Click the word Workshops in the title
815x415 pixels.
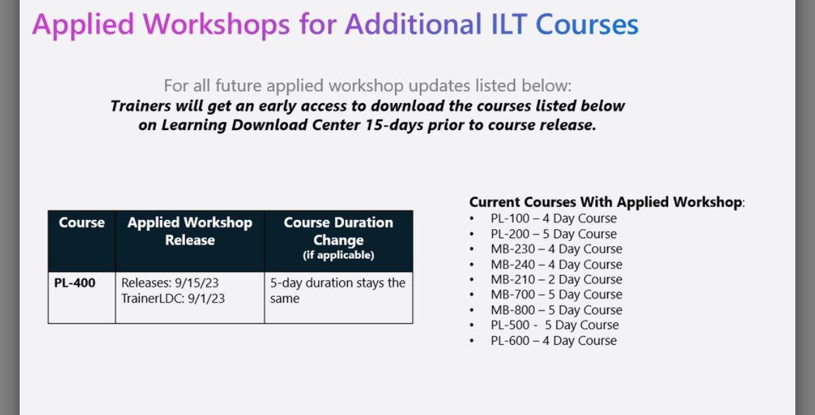click(217, 25)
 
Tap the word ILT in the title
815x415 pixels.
click(509, 25)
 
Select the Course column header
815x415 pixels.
click(81, 223)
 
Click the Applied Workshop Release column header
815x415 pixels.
click(190, 231)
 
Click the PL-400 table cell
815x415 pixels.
click(75, 283)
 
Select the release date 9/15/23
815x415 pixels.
click(197, 283)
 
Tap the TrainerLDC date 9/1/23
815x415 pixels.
click(206, 299)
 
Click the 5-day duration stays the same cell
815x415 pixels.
click(338, 290)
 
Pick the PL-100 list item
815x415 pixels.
click(553, 219)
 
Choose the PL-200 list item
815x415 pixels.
click(553, 234)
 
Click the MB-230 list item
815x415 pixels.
click(556, 249)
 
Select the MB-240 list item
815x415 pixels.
click(556, 264)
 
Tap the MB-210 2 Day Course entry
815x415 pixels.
click(556, 279)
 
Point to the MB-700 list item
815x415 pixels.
click(556, 294)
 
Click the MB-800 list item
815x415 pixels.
click(556, 310)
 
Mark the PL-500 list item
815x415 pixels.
click(554, 325)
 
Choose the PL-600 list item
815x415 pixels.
click(553, 341)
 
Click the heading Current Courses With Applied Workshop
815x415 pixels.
click(606, 202)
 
